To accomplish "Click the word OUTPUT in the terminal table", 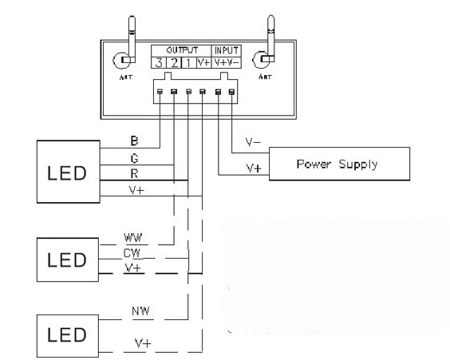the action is point(182,50).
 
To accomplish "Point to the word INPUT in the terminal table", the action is point(226,50).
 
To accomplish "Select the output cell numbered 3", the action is point(159,62).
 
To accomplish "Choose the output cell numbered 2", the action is point(174,62).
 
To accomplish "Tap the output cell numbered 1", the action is point(188,62).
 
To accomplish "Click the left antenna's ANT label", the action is point(126,77).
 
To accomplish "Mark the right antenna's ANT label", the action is point(265,77).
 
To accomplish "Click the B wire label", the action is point(134,140).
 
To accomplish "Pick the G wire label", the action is point(134,158).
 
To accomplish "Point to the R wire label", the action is point(134,174).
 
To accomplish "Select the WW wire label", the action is point(133,238).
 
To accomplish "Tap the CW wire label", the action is point(132,253).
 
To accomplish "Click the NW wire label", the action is point(140,311).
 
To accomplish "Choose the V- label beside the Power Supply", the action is point(253,142).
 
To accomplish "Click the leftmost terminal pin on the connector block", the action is point(160,92).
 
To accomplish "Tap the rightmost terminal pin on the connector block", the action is point(231,92).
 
